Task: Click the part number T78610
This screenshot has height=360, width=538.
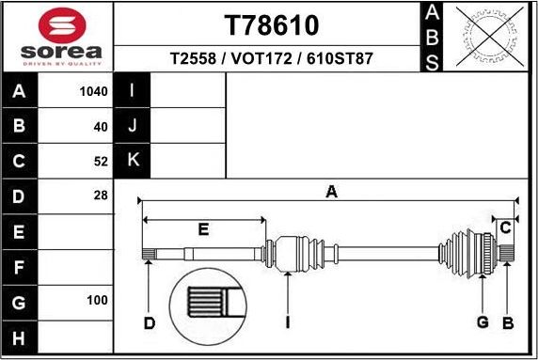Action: pyautogui.click(x=271, y=23)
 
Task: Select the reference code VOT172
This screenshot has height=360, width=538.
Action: pyautogui.click(x=271, y=58)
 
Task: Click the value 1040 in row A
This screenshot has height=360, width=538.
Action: pyautogui.click(x=95, y=91)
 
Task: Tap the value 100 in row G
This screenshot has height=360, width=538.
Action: pyautogui.click(x=98, y=302)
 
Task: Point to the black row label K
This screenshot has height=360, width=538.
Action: pyautogui.click(x=133, y=161)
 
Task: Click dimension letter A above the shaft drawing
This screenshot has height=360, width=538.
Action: pyautogui.click(x=331, y=192)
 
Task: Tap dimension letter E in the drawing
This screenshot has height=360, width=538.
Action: pyautogui.click(x=203, y=229)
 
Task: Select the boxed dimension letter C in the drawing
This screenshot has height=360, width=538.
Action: pyautogui.click(x=506, y=227)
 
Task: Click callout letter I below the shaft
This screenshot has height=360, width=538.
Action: pyautogui.click(x=288, y=323)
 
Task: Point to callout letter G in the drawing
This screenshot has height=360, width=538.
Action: pyautogui.click(x=483, y=323)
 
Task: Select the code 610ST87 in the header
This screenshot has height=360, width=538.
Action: pyautogui.click(x=338, y=58)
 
